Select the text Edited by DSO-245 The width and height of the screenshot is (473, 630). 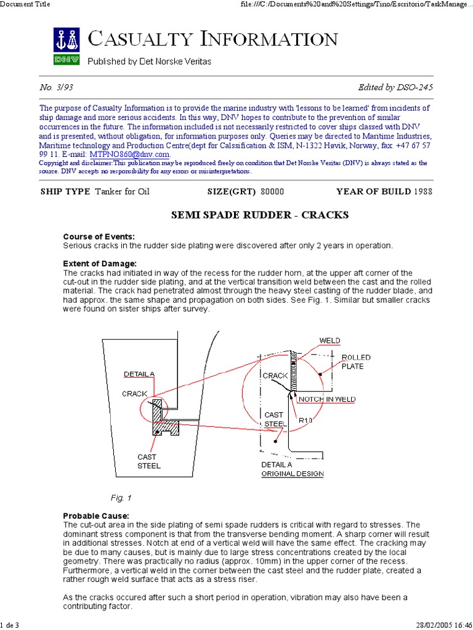click(395, 87)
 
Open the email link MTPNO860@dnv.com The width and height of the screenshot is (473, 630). click(129, 154)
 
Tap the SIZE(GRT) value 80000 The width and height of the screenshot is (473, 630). click(272, 191)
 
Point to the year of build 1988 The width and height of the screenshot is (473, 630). click(423, 191)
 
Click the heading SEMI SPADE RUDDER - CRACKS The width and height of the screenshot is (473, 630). click(259, 215)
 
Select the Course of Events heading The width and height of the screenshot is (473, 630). click(99, 237)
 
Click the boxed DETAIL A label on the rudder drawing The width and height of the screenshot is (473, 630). click(139, 373)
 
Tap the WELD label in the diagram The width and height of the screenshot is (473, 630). click(329, 340)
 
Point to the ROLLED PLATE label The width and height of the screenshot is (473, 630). click(352, 362)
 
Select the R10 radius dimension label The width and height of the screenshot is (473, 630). click(306, 420)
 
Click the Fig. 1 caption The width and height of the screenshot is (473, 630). click(121, 497)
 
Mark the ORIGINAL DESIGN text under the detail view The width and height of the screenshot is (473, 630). click(292, 474)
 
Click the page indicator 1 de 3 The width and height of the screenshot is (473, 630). click(10, 625)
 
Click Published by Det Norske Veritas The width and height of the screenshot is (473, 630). click(150, 62)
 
